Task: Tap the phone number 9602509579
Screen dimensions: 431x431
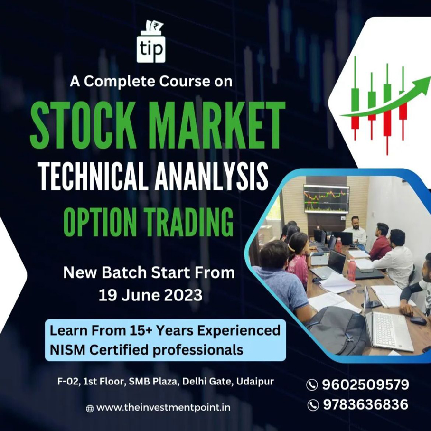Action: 365,384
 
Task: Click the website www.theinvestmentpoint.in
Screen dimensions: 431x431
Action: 164,408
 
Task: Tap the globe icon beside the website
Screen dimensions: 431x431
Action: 90,408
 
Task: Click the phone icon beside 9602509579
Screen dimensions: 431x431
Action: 312,385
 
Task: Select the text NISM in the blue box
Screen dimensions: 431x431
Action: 66,350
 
